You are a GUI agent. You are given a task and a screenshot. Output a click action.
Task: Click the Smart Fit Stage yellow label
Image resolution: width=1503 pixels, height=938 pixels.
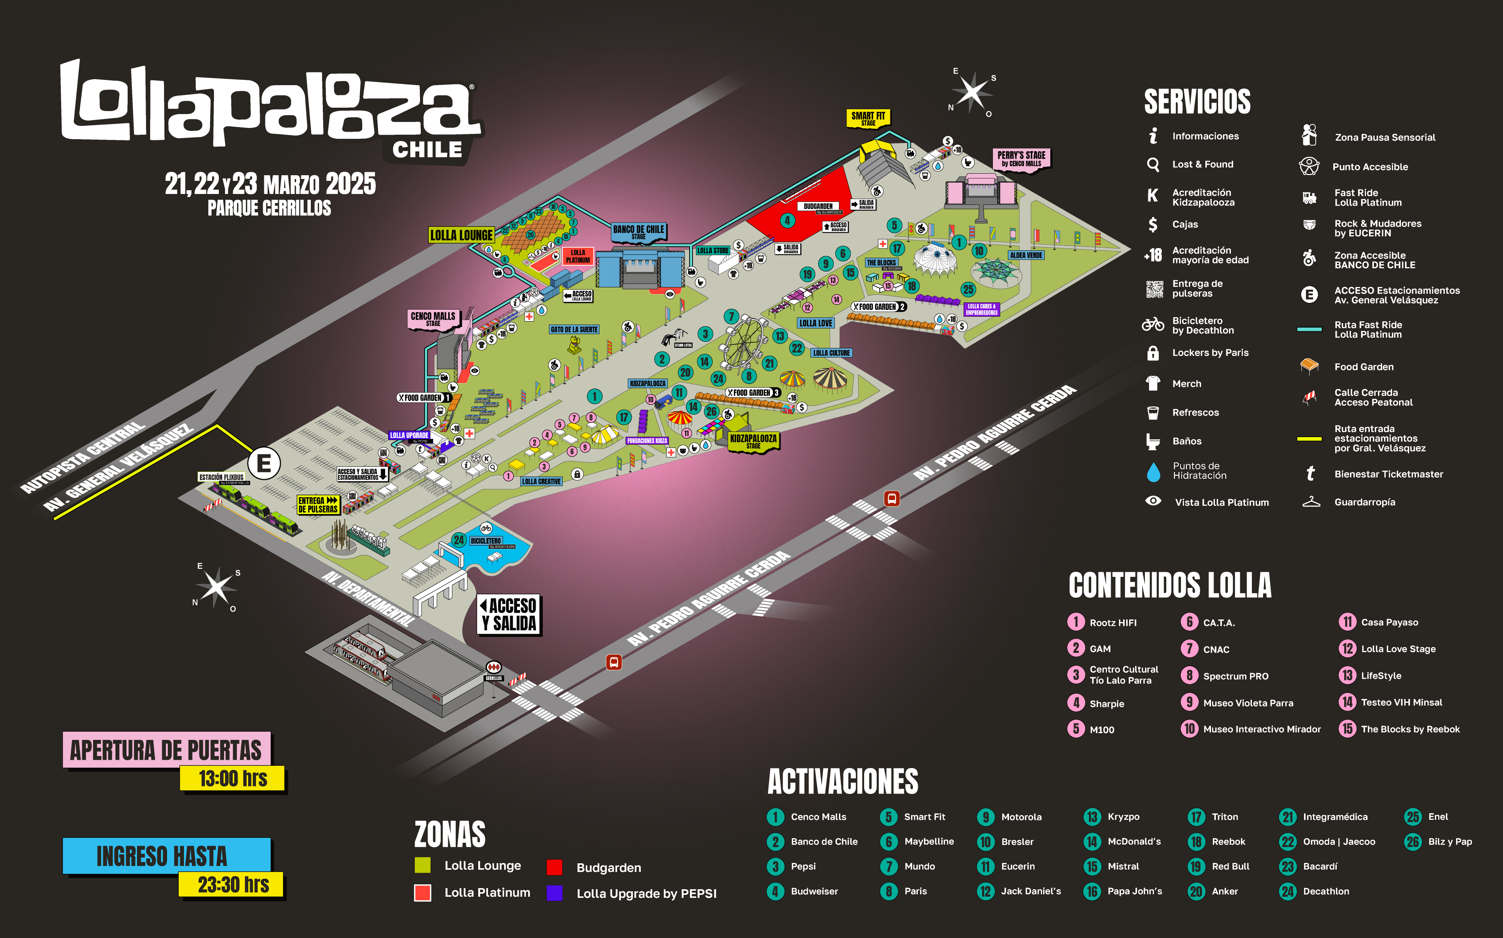868,118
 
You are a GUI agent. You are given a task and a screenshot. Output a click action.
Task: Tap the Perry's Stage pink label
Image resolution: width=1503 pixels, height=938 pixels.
1021,159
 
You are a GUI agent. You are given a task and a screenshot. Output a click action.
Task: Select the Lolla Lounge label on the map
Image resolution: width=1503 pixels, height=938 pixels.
461,235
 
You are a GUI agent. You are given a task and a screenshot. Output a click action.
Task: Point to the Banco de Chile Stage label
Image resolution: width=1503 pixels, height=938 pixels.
639,231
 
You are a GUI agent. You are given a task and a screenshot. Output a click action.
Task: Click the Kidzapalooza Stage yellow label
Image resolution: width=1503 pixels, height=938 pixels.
753,441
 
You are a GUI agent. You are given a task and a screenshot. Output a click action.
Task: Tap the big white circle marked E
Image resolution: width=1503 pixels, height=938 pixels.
264,463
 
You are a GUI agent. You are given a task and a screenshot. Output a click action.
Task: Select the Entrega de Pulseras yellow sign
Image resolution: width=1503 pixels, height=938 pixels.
318,504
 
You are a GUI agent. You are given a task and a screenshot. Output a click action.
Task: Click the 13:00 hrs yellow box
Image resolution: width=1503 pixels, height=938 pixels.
233,778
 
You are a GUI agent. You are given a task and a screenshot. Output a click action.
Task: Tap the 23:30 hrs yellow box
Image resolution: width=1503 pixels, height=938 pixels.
233,884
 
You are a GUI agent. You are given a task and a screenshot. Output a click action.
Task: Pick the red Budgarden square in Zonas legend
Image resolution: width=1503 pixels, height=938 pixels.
554,867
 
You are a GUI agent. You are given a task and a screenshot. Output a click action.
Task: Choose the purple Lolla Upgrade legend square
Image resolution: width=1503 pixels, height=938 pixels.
554,893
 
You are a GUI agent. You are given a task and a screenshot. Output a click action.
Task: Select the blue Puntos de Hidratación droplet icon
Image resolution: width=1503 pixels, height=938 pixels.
1153,472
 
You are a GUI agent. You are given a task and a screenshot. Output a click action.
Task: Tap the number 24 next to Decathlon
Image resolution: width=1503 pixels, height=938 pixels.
1288,891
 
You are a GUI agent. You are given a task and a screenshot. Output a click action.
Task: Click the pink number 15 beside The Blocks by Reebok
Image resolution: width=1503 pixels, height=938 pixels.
1346,729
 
